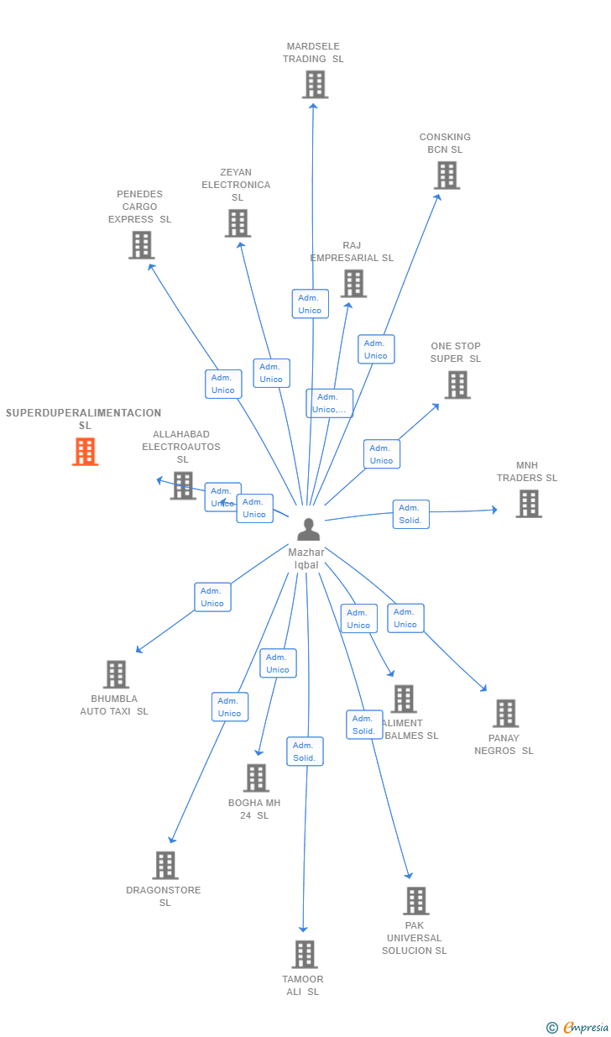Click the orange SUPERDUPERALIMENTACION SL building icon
pyautogui.click(x=85, y=452)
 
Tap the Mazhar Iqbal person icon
pyautogui.click(x=308, y=529)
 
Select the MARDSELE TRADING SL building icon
pyautogui.click(x=315, y=85)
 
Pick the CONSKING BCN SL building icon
pyautogui.click(x=446, y=175)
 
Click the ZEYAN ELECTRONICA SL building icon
pyautogui.click(x=238, y=223)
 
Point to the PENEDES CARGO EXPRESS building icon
pyautogui.click(x=141, y=245)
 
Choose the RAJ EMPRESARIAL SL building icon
pyautogui.click(x=353, y=284)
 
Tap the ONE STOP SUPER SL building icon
pyautogui.click(x=457, y=385)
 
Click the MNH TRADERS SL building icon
pyautogui.click(x=528, y=504)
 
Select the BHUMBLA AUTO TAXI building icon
pyautogui.click(x=116, y=674)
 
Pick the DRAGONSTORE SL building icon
pyautogui.click(x=165, y=866)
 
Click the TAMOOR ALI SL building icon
pyautogui.click(x=304, y=955)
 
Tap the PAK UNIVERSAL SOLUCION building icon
pyautogui.click(x=415, y=901)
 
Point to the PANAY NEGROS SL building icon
pyautogui.click(x=505, y=714)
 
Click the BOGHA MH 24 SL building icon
pyautogui.click(x=256, y=778)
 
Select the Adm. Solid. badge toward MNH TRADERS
pyautogui.click(x=410, y=514)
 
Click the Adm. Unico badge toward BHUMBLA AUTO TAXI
pyautogui.click(x=212, y=597)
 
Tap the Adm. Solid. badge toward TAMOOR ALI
pyautogui.click(x=305, y=752)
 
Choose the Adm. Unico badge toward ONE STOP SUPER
pyautogui.click(x=381, y=454)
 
